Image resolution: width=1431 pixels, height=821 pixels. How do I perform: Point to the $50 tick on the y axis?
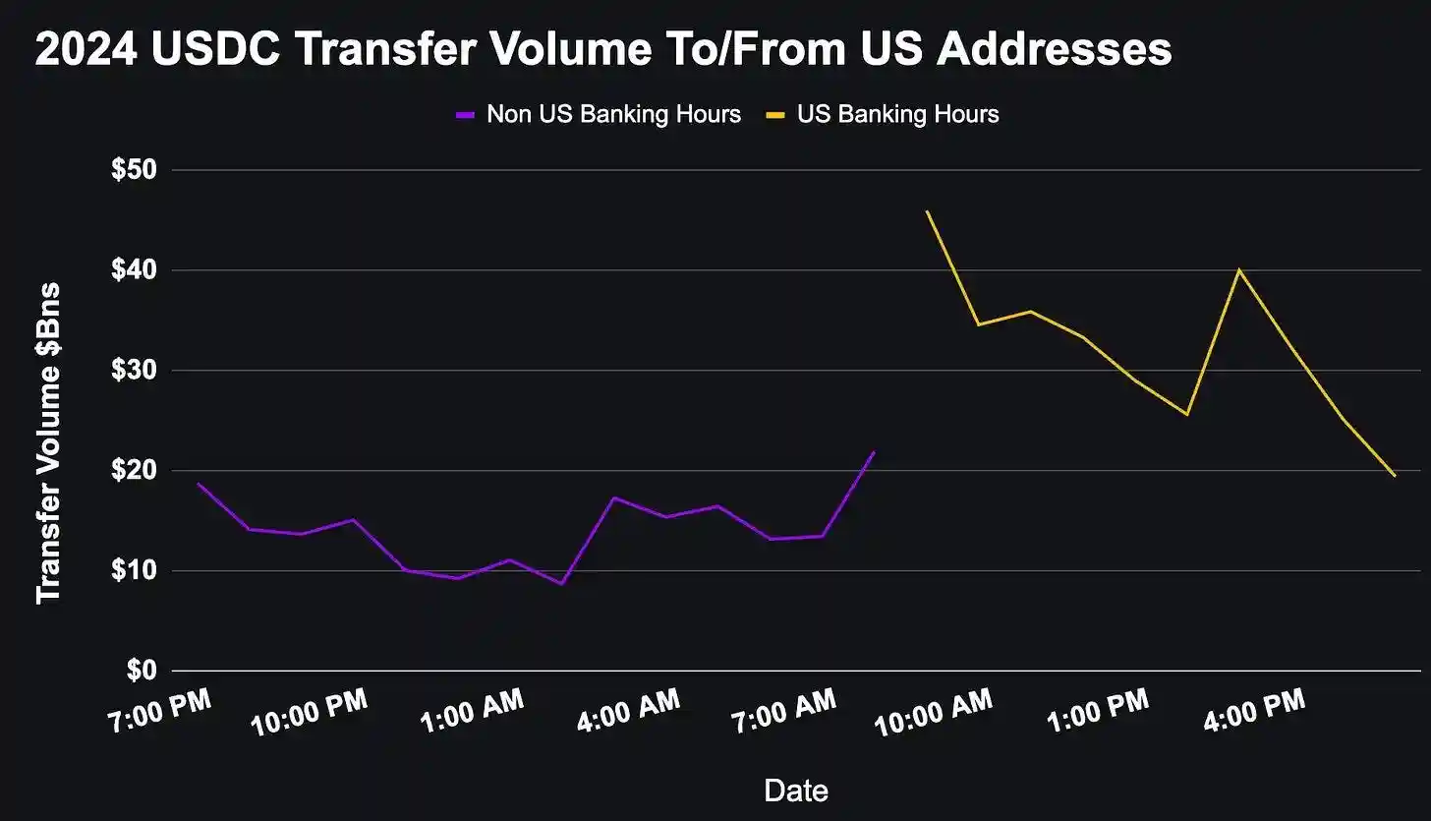point(135,170)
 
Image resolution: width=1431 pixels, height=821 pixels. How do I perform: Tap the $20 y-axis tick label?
point(135,471)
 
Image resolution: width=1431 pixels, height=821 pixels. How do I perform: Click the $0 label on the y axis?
point(142,672)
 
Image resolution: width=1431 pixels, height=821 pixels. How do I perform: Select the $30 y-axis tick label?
point(135,371)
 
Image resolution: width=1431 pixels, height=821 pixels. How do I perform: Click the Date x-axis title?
point(796,790)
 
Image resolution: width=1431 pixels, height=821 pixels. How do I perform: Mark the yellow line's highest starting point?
point(927,211)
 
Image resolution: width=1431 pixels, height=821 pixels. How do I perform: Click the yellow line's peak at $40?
point(1239,269)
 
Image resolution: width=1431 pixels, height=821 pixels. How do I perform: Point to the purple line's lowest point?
point(562,584)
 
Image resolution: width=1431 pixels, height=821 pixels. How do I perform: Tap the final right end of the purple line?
point(874,452)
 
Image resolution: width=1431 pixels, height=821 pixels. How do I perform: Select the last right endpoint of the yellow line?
point(1395,476)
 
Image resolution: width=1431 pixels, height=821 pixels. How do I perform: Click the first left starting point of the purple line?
point(198,483)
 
